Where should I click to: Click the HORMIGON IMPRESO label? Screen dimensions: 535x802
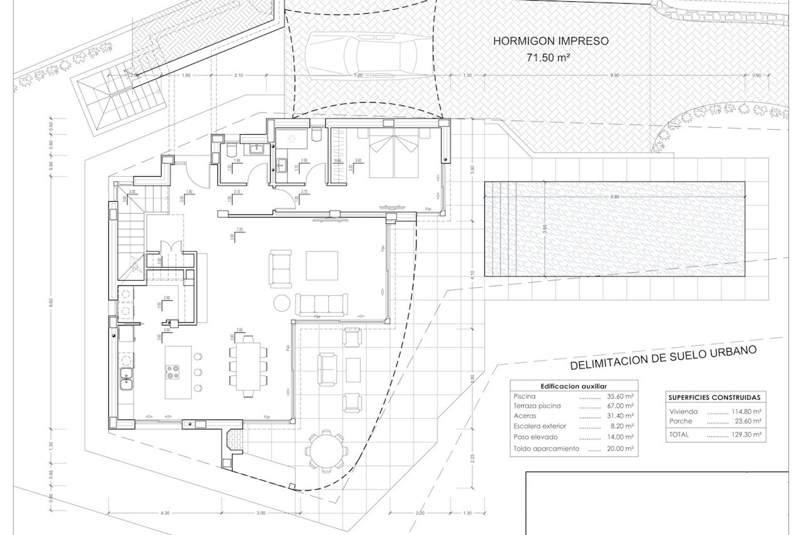[x=551, y=41]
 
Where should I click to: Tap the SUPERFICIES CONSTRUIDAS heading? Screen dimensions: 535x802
[x=714, y=397]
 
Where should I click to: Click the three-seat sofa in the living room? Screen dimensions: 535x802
[x=321, y=305]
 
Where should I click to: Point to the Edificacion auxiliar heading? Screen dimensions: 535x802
[x=574, y=387]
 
